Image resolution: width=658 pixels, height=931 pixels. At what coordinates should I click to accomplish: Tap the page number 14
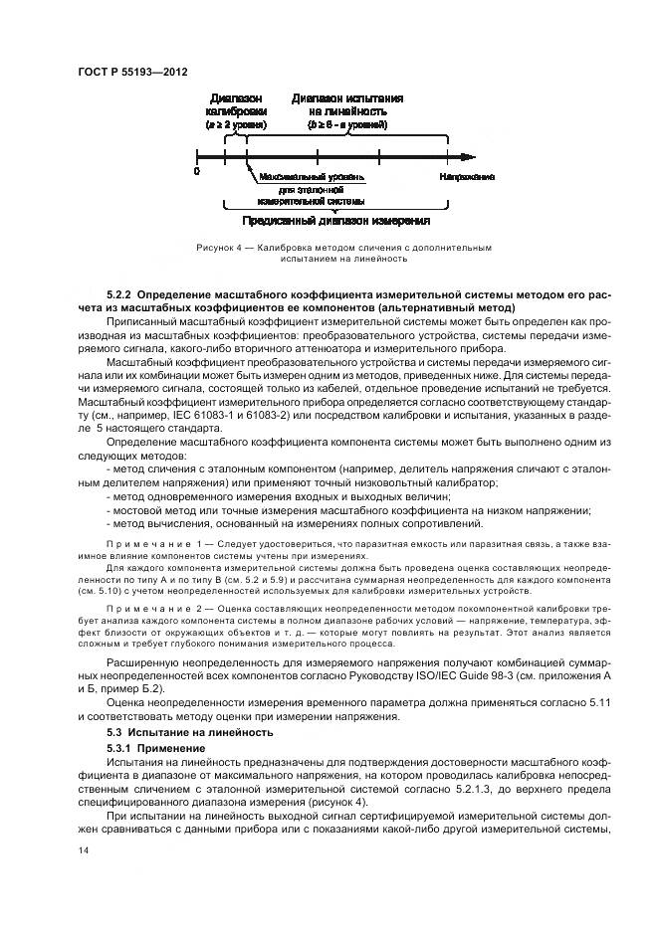(x=83, y=849)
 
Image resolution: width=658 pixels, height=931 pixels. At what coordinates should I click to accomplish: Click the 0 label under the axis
(x=197, y=172)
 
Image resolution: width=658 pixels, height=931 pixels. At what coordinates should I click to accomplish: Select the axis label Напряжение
(x=467, y=176)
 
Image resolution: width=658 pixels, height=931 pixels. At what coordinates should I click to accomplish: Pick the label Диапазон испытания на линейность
(x=346, y=105)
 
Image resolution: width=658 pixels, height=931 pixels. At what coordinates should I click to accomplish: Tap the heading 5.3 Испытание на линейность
(x=189, y=732)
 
